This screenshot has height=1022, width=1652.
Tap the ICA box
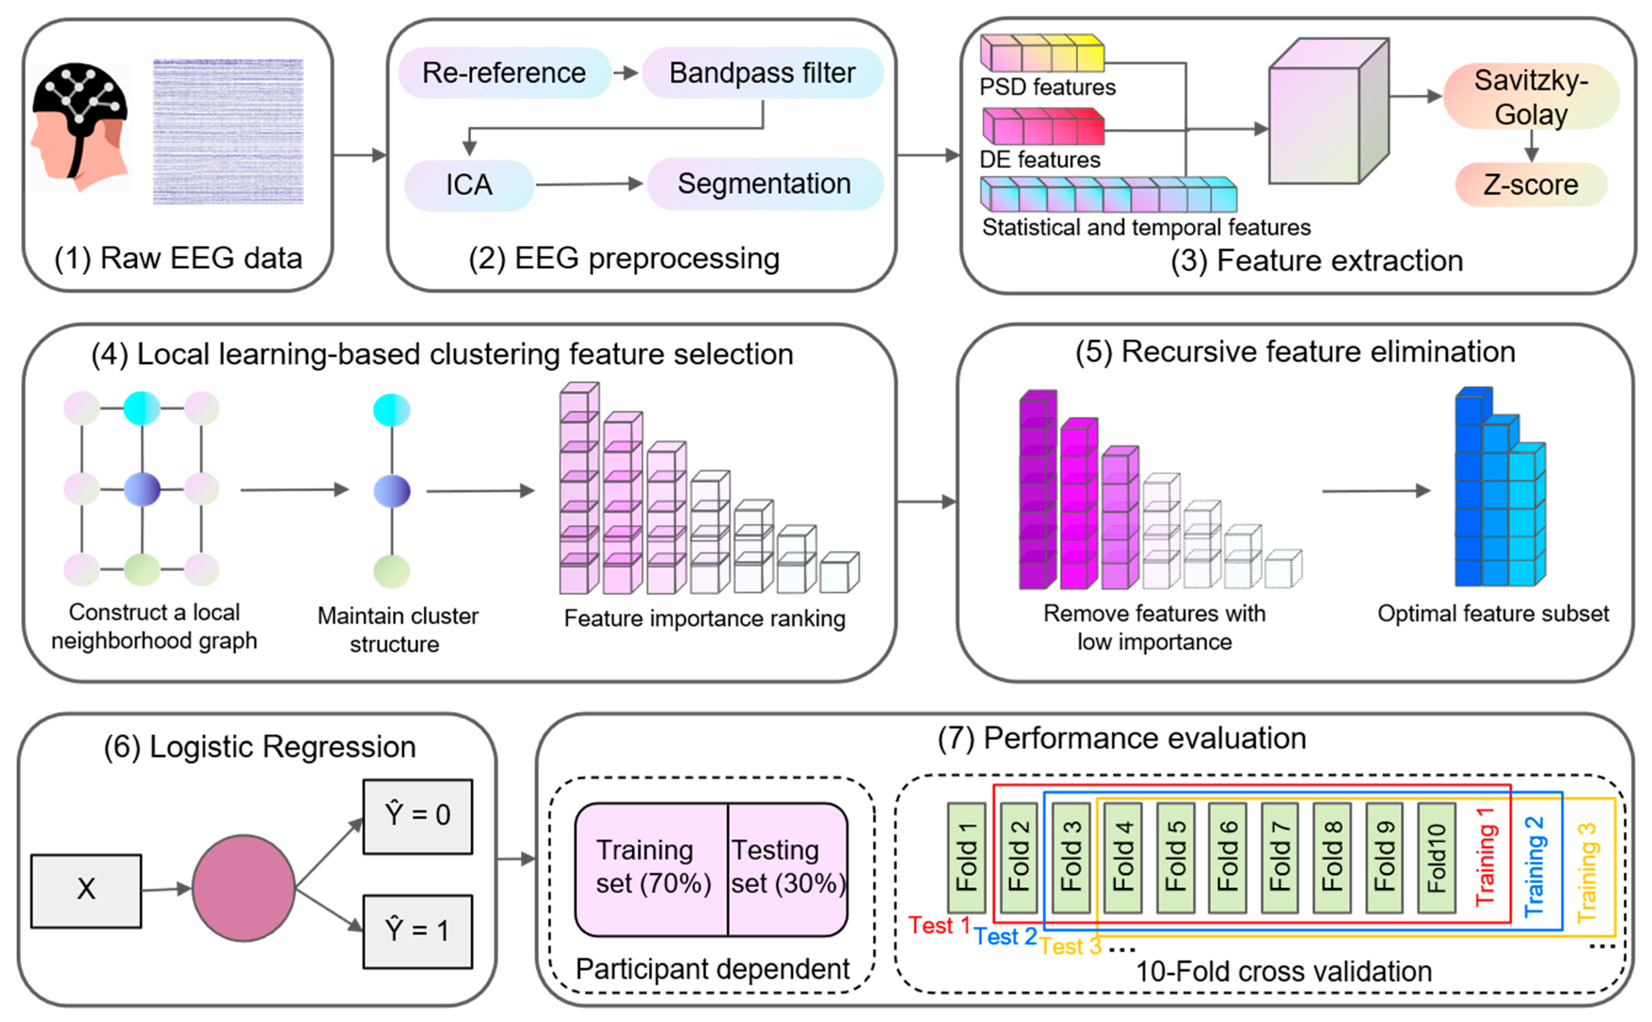(469, 185)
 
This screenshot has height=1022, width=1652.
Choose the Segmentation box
(764, 184)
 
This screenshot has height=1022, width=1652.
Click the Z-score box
(1530, 185)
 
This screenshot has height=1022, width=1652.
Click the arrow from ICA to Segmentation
(588, 184)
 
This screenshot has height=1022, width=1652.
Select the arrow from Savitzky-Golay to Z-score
(1531, 145)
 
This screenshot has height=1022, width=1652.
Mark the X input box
(86, 890)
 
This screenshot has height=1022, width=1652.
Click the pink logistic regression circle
(243, 887)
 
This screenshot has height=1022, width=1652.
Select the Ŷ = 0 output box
(417, 816)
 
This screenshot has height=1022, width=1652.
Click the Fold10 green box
(1436, 857)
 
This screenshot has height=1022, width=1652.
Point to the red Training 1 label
(1485, 857)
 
